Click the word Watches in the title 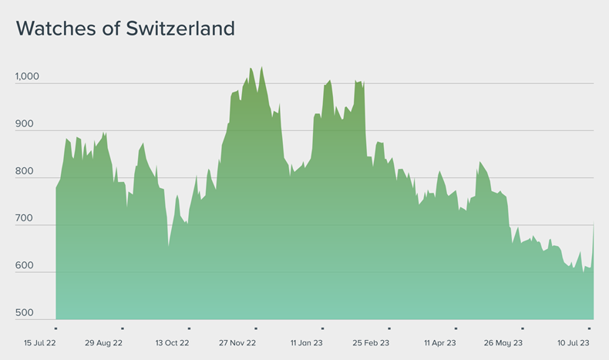[x=55, y=29]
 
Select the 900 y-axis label [x=25, y=125]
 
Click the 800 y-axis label [x=25, y=172]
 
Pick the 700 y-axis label [x=25, y=219]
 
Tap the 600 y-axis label [x=25, y=266]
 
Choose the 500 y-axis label [x=25, y=314]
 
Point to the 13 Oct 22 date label [x=173, y=343]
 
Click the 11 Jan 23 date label [x=307, y=343]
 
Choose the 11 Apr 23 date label [x=440, y=343]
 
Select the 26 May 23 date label [x=503, y=343]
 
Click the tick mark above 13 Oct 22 [x=189, y=329]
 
